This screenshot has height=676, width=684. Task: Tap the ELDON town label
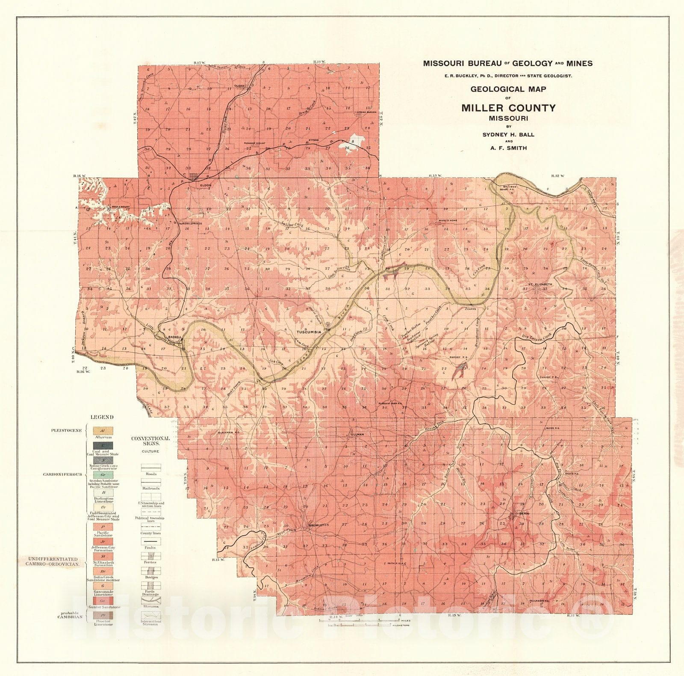(x=206, y=185)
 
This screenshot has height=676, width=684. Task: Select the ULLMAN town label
(x=357, y=434)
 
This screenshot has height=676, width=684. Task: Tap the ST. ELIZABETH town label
(x=540, y=284)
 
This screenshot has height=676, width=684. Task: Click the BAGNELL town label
(x=176, y=337)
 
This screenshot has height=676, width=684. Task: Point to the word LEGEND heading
(x=101, y=417)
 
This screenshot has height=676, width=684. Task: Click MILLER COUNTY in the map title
(x=508, y=108)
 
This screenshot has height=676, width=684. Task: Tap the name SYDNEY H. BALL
(x=508, y=134)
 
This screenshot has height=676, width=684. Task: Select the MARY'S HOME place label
(x=446, y=221)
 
